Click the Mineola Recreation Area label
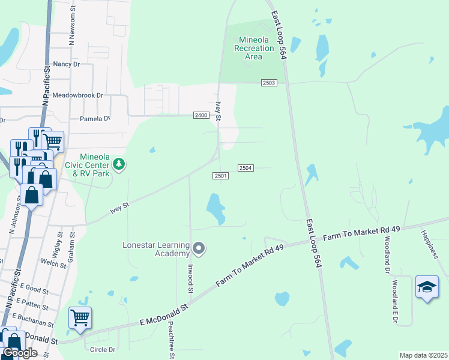[254, 48]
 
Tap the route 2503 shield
[269, 83]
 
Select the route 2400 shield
[200, 115]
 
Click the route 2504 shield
[246, 168]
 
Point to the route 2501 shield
[221, 175]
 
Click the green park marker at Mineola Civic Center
[119, 164]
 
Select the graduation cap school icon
[427, 288]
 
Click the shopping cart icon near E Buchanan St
[80, 318]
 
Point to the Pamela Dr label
[95, 119]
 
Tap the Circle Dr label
[102, 349]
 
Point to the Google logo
[20, 353]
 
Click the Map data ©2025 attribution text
[423, 355]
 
